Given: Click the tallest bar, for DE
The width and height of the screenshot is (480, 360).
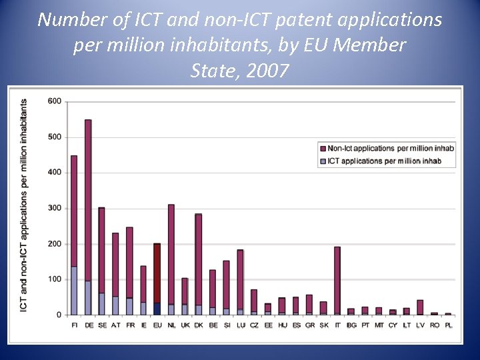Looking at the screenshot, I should pos(88,200).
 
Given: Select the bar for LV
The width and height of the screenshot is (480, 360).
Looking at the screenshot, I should pos(420,307).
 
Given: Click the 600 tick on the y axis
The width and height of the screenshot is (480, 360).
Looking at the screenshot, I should pos(55,101).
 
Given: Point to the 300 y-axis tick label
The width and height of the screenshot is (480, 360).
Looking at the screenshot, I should pos(55,208).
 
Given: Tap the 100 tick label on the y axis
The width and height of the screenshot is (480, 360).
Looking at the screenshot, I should pos(55,279).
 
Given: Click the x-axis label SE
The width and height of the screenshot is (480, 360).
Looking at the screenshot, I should pos(102,325).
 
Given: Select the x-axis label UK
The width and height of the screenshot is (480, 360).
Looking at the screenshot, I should pos(185,325).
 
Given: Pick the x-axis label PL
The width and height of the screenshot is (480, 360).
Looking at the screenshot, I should pos(448,325).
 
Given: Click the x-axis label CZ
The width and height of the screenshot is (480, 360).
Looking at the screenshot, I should pos(254,325).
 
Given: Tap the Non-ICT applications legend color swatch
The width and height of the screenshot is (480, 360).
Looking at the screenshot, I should pos(323,148).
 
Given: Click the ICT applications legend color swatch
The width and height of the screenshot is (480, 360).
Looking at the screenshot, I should pos(323,161).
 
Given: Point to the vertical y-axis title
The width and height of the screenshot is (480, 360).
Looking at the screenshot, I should pos(24,205).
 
